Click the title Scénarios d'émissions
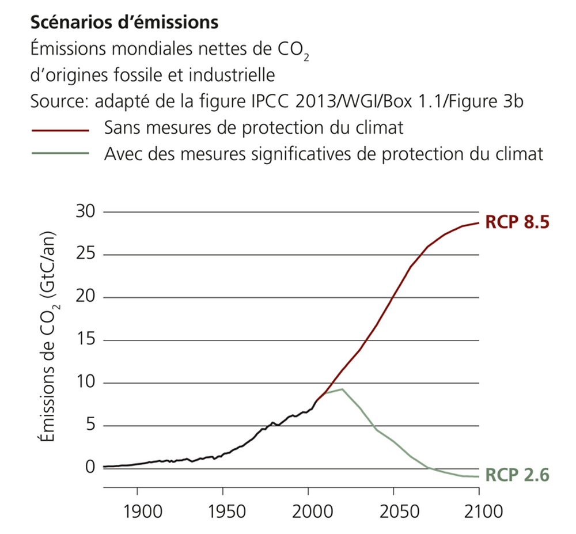[x=123, y=22]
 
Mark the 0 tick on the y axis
[x=89, y=467]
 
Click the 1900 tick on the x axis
[x=137, y=510]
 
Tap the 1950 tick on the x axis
[x=222, y=510]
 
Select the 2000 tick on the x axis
[x=308, y=510]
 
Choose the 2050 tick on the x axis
[x=393, y=510]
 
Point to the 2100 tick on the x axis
[x=479, y=510]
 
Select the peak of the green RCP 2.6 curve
[x=342, y=389]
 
